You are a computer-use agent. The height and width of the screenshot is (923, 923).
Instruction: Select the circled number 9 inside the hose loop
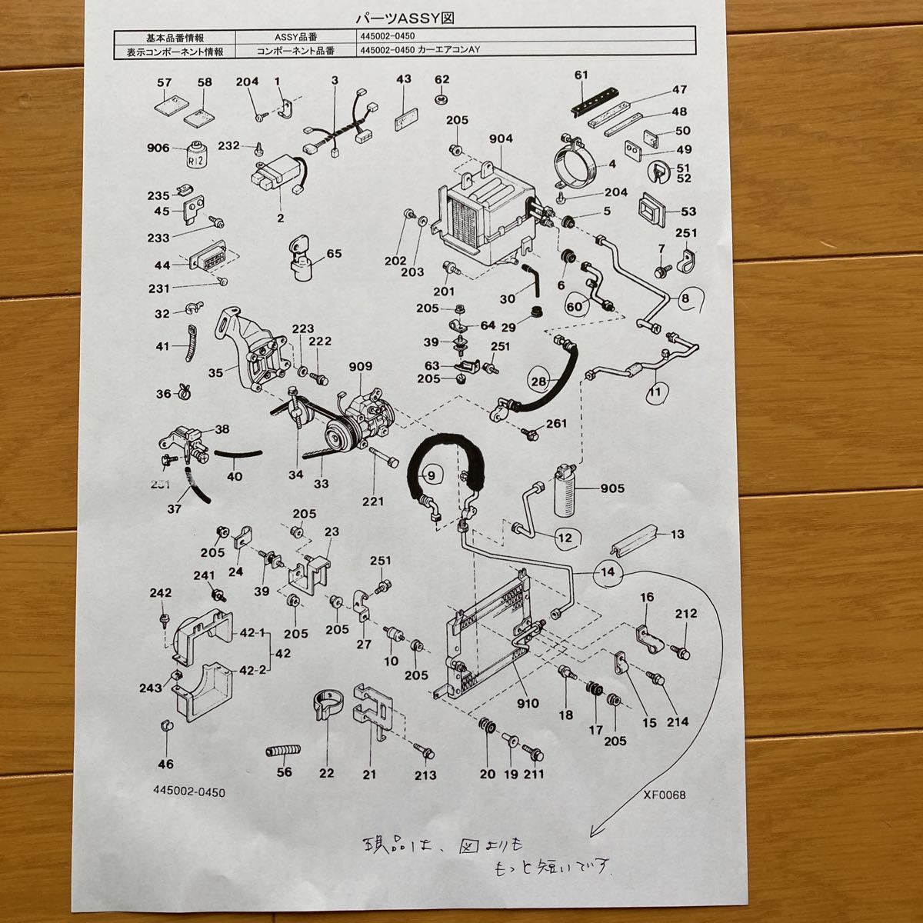click(432, 476)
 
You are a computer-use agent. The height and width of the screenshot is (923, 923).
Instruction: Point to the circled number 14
click(608, 572)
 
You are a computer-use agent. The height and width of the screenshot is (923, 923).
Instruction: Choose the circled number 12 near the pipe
click(565, 538)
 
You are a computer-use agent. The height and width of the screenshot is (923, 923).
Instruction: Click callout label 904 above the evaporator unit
click(501, 139)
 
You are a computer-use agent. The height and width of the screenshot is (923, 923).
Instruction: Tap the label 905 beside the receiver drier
click(612, 488)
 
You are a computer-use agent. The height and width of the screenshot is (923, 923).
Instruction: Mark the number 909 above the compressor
click(359, 366)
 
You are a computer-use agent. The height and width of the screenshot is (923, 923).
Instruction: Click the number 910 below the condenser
click(528, 703)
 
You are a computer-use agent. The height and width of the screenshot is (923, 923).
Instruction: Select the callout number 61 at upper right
click(581, 75)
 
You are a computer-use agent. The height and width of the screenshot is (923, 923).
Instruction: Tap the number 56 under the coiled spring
click(285, 772)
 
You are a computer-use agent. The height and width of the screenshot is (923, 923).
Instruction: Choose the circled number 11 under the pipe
click(655, 392)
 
